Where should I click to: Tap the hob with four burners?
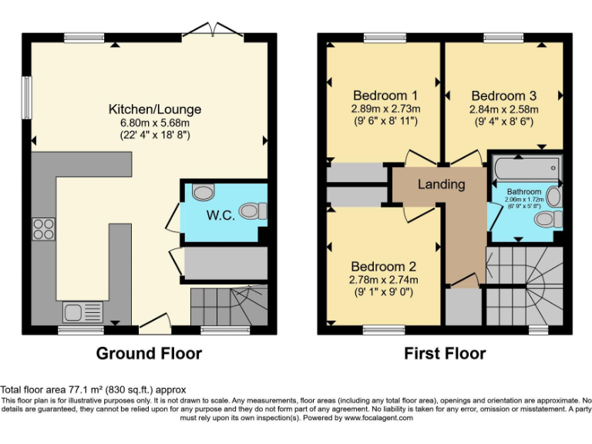coord(43,229)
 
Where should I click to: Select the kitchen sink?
coord(81,311)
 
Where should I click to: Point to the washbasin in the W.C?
coord(202,192)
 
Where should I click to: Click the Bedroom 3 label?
coord(504,96)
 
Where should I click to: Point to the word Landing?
coord(442,184)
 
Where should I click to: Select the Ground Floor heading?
coord(149,354)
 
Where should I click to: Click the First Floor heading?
coord(445,354)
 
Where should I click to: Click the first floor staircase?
coord(525,285)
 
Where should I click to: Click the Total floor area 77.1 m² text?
coord(92,390)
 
